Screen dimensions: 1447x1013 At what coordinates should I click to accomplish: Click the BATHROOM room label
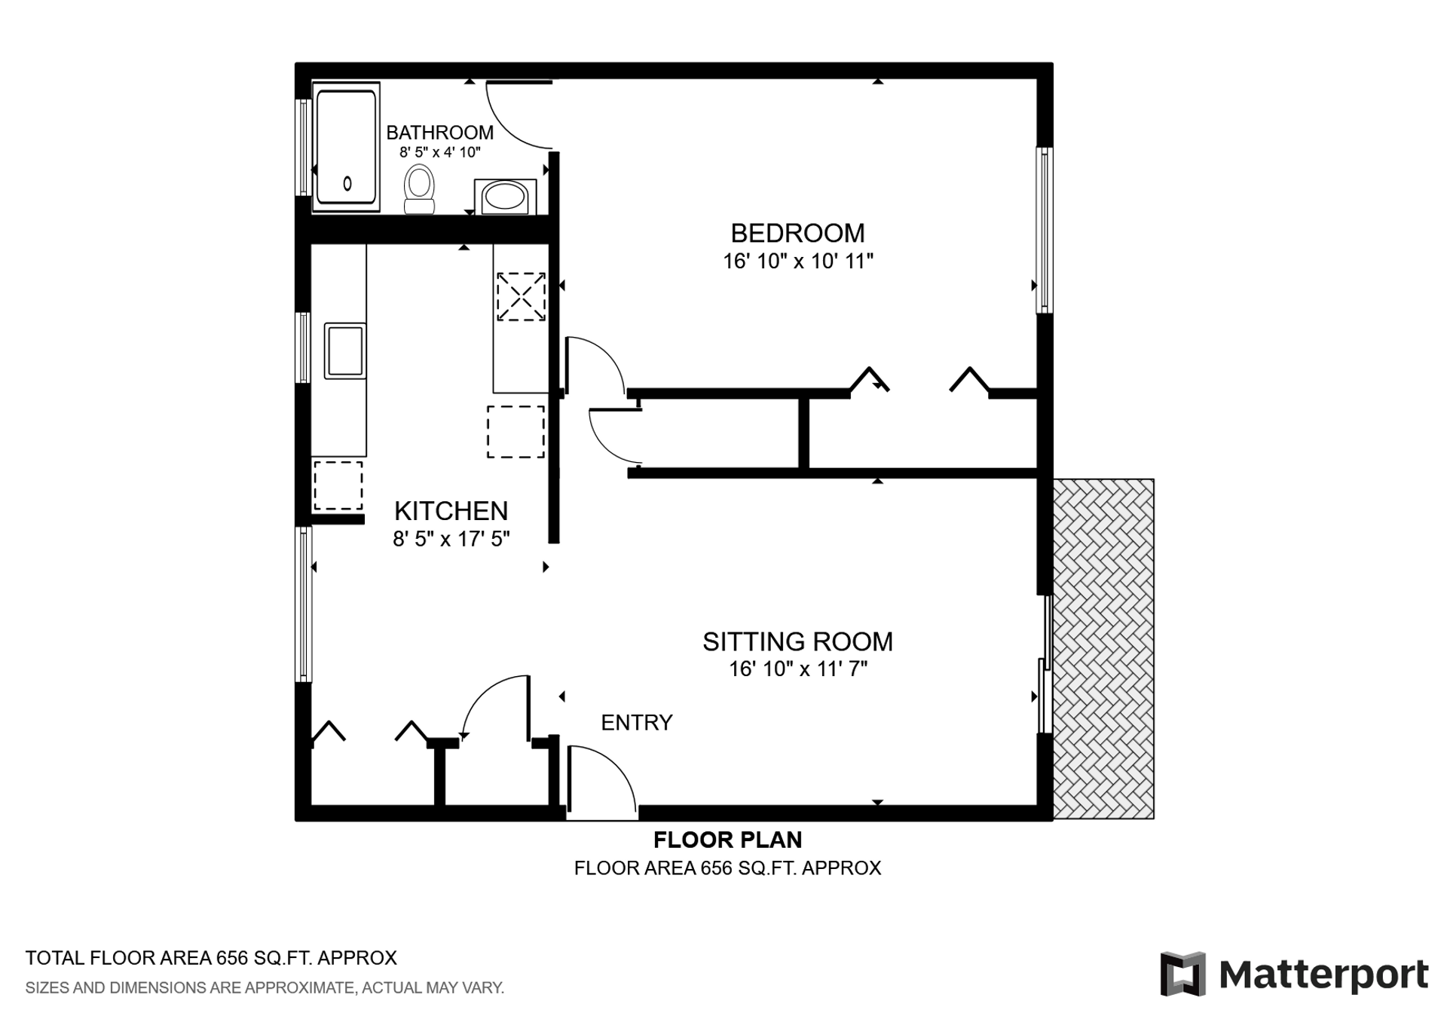tap(440, 133)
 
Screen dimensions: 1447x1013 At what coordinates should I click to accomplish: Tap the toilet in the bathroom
tap(420, 190)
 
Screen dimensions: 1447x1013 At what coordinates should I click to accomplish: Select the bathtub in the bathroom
tap(346, 147)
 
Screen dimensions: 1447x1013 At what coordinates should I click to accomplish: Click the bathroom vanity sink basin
tap(505, 197)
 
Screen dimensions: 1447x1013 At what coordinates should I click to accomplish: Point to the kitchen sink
tap(345, 350)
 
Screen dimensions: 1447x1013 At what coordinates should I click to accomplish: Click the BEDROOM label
tap(798, 233)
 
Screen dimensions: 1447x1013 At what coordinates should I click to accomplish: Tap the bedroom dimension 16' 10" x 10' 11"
tap(798, 262)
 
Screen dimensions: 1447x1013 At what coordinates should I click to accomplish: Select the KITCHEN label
tap(451, 511)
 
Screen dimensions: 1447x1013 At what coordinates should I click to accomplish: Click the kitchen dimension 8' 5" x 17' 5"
tap(451, 539)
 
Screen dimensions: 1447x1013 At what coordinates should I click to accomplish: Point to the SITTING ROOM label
tap(798, 641)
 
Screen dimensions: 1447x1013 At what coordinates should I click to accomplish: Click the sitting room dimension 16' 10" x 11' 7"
tap(798, 669)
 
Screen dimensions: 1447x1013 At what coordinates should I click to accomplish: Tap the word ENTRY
tap(637, 723)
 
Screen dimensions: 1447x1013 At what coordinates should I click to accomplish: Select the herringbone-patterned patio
tap(1103, 649)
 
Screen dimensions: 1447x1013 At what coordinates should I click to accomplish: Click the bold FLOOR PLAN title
tap(728, 840)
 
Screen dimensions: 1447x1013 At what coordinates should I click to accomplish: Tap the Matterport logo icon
tap(1182, 974)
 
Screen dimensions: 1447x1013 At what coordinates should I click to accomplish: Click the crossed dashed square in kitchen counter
tap(521, 297)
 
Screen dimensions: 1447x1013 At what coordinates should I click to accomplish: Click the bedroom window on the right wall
tap(1045, 230)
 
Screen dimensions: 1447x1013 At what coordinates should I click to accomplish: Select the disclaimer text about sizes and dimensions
tap(265, 988)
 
